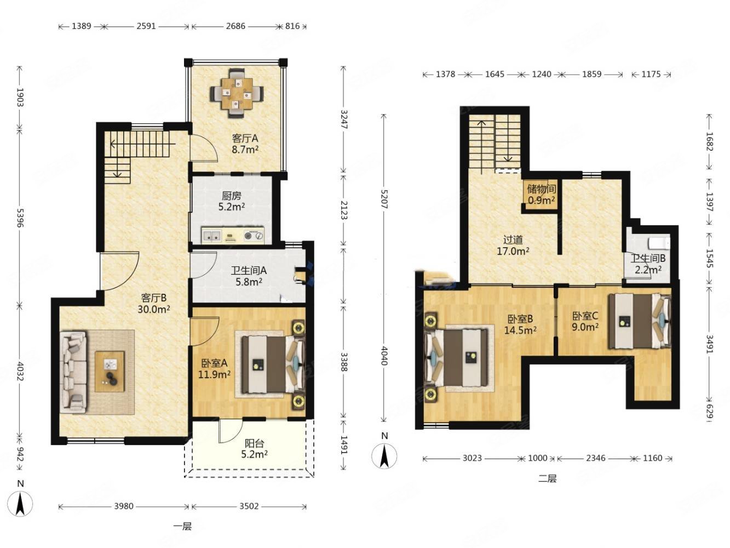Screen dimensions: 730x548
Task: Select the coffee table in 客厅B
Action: coord(110,372)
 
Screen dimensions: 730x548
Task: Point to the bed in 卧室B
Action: coord(456,358)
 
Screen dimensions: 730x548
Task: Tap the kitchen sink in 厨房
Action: coord(212,236)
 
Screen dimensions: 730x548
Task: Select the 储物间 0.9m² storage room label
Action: coord(541,195)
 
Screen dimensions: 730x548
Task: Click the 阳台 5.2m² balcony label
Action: coord(255,448)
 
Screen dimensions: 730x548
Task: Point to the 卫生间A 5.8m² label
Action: coord(249,276)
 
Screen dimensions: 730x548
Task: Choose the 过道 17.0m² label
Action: coord(513,245)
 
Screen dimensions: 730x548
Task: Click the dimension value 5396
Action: coord(19,218)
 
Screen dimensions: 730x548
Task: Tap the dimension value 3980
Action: coord(124,506)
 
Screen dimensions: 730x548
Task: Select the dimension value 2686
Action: coord(235,26)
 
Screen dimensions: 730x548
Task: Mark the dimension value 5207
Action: coord(384,199)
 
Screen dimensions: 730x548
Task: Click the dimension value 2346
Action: coord(595,458)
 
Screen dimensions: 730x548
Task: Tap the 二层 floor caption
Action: coord(547,478)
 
